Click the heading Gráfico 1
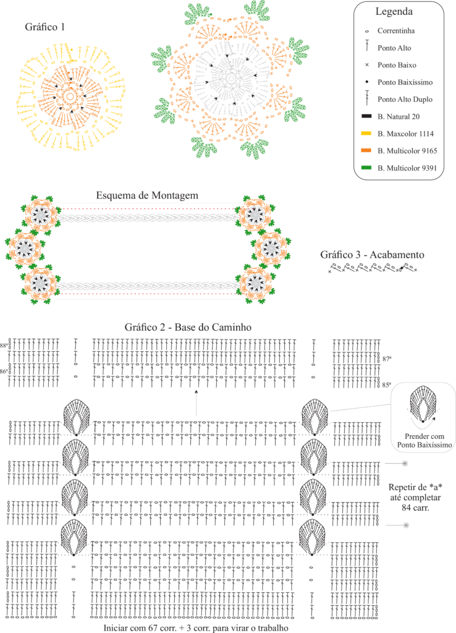(x=44, y=27)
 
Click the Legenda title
(x=394, y=12)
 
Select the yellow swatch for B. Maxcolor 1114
(x=366, y=134)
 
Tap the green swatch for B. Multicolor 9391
(x=366, y=168)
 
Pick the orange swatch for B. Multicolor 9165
(x=366, y=151)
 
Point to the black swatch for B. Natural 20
(x=366, y=116)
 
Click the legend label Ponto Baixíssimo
(x=405, y=82)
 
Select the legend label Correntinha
(x=396, y=31)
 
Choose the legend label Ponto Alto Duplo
(x=405, y=100)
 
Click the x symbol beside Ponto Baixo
(x=367, y=65)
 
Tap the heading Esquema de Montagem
(x=147, y=195)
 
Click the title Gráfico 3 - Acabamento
(x=372, y=255)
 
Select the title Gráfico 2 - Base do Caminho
(x=188, y=327)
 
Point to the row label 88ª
(x=4, y=346)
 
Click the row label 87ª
(x=387, y=359)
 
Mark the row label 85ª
(x=387, y=385)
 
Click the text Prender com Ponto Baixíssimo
(x=424, y=440)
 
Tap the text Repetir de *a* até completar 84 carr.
(x=415, y=498)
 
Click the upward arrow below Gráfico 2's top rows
(x=196, y=403)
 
